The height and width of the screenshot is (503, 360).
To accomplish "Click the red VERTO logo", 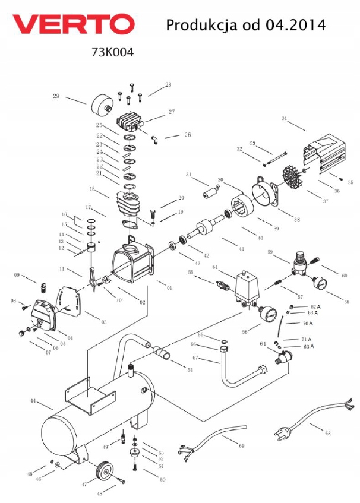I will [74, 24].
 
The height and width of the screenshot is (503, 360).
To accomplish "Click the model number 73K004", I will [112, 52].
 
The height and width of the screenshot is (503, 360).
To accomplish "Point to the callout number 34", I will [284, 119].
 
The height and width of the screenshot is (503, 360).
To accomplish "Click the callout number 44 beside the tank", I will [34, 401].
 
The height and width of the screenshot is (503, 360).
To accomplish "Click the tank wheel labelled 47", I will [105, 472].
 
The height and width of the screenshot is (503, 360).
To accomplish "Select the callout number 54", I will [190, 371].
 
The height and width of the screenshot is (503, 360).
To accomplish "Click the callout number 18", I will [92, 188].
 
